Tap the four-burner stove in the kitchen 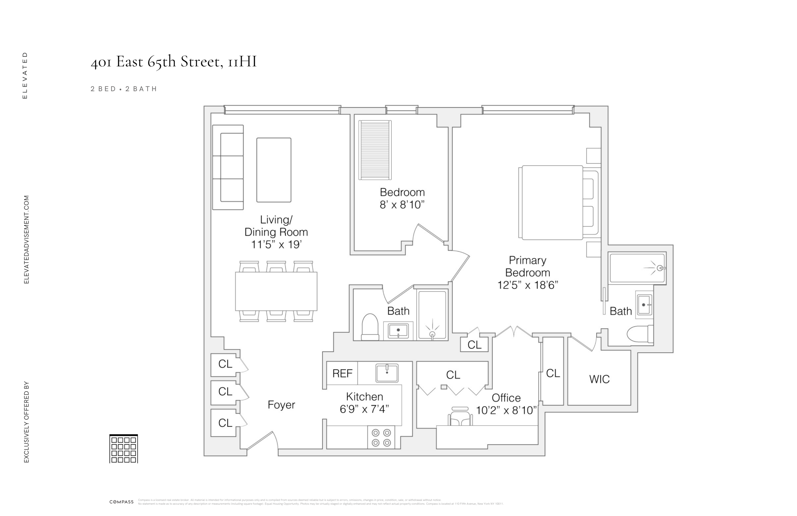[x=381, y=437]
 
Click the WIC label [x=599, y=379]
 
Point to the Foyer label [x=281, y=405]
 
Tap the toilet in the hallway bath [x=370, y=327]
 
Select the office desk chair [x=460, y=417]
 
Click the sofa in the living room [x=228, y=167]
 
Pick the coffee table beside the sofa [x=274, y=170]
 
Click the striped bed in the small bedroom [x=375, y=150]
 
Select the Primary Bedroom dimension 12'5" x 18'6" [x=528, y=285]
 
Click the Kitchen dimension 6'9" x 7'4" [x=364, y=409]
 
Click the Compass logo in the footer [x=121, y=502]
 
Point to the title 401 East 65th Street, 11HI [x=173, y=62]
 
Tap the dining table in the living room [x=276, y=291]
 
